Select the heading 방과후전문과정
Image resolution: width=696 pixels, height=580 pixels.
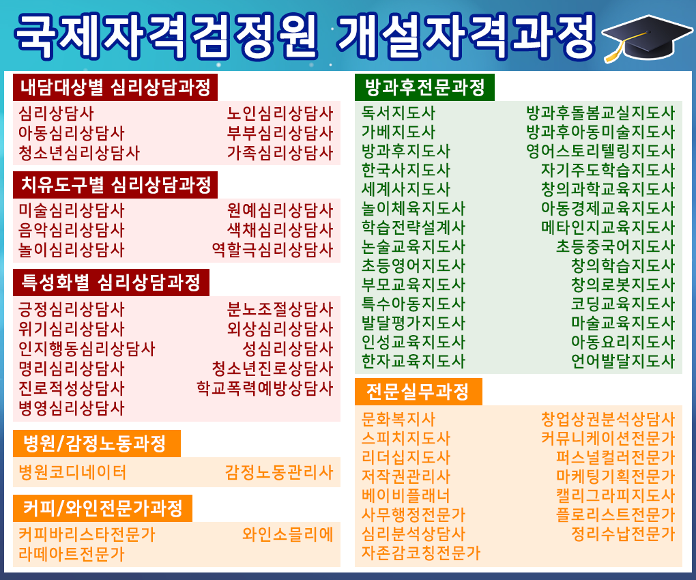click(424, 87)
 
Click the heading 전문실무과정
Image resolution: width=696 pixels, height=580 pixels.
click(418, 392)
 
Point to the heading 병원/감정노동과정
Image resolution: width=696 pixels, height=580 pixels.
click(95, 444)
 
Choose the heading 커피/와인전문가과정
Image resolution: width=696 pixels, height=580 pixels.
click(102, 508)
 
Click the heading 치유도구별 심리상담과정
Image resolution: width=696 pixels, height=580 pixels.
click(116, 185)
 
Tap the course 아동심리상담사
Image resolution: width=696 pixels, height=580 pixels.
click(72, 133)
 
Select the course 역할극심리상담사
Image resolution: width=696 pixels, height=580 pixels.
click(272, 249)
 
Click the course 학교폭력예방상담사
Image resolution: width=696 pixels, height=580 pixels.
click(265, 388)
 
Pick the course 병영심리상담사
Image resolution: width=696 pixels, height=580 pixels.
click(72, 408)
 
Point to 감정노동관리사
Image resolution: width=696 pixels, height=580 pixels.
click(279, 472)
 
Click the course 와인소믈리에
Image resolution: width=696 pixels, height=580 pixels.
click(288, 535)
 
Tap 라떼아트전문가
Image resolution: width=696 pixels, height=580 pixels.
click(72, 554)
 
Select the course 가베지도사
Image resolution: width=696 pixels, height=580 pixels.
click(398, 132)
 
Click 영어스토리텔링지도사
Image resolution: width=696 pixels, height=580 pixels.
click(600, 151)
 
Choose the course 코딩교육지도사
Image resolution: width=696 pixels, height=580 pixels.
click(623, 304)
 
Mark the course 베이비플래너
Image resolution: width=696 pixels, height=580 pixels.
click(406, 495)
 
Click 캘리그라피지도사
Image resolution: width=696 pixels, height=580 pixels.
click(615, 495)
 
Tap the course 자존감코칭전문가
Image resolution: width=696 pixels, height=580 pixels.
click(421, 553)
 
